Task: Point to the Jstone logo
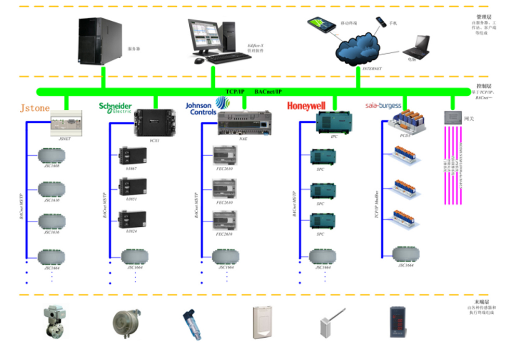(x=35, y=108)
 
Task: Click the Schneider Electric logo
(x=115, y=107)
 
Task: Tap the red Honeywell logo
(x=306, y=106)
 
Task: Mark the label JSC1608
(x=51, y=166)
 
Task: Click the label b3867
(x=132, y=168)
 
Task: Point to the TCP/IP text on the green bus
(x=235, y=92)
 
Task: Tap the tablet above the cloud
(x=321, y=24)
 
